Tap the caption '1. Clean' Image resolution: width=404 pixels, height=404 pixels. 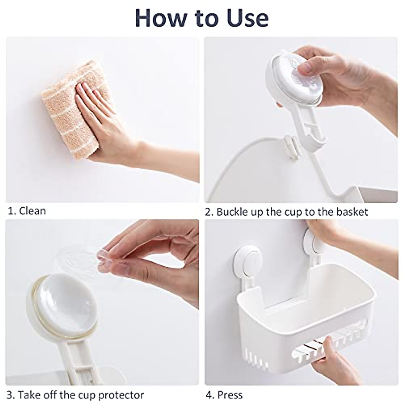[x=27, y=211]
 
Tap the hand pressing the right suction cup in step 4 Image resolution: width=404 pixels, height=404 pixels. [x=323, y=232]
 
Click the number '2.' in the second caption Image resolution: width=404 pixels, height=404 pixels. [x=209, y=212]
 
